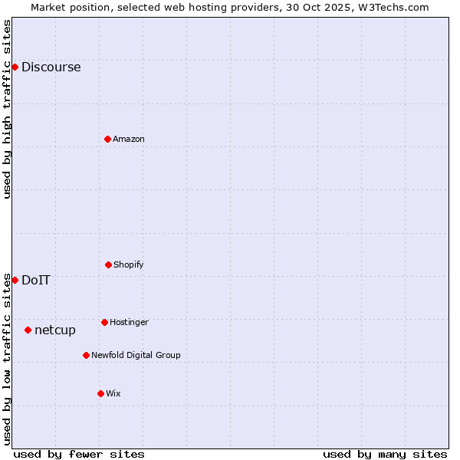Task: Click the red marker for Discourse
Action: [x=15, y=67]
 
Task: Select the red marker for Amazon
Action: [x=107, y=139]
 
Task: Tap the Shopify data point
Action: [x=108, y=264]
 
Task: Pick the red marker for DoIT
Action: [x=15, y=280]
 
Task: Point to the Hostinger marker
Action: [x=104, y=322]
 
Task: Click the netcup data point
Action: [x=28, y=330]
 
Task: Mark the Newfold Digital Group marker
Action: [x=86, y=355]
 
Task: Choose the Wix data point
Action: [x=100, y=393]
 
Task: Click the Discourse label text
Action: [x=51, y=67]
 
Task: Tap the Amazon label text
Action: [x=129, y=139]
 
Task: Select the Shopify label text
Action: [x=129, y=264]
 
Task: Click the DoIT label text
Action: [x=36, y=280]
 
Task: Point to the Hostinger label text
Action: [x=129, y=322]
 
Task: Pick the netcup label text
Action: [x=55, y=330]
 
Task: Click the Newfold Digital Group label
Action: [x=136, y=355]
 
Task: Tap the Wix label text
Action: [x=113, y=393]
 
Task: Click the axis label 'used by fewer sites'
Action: [x=79, y=454]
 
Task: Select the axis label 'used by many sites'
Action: [x=385, y=454]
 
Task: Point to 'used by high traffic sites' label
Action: [x=7, y=109]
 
